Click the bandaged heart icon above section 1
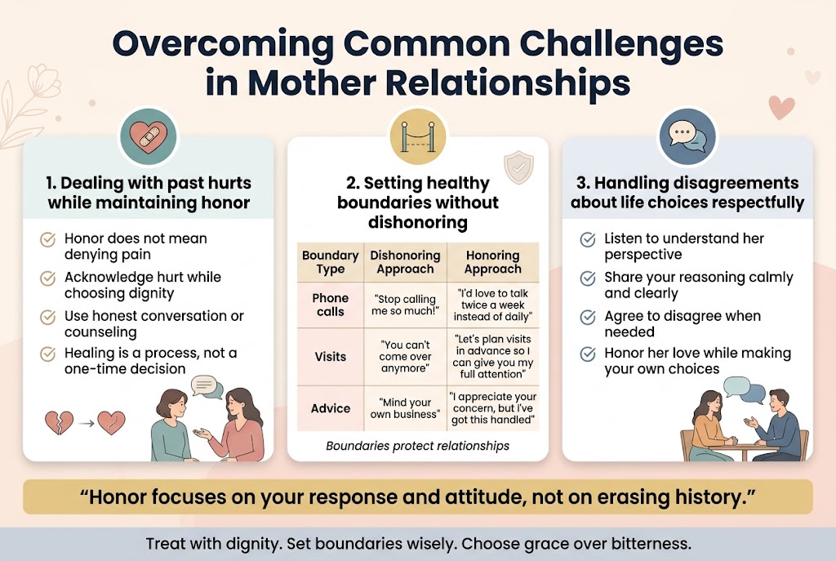tap(149, 136)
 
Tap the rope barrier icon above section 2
tap(418, 136)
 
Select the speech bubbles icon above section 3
tap(687, 136)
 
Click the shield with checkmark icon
tap(518, 167)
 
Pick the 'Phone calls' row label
tap(331, 305)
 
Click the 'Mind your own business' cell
tap(405, 408)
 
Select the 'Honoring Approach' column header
tap(492, 262)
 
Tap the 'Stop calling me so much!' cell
tap(405, 305)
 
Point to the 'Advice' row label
tap(331, 408)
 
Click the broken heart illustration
tap(59, 422)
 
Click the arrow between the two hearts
tap(87, 424)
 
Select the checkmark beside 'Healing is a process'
tap(48, 354)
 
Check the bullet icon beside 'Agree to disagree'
tap(588, 317)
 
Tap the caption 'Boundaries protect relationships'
tap(417, 446)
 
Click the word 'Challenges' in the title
tap(621, 44)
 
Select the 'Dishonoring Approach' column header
tap(405, 262)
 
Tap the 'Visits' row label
tap(331, 356)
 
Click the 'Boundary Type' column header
tap(331, 262)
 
